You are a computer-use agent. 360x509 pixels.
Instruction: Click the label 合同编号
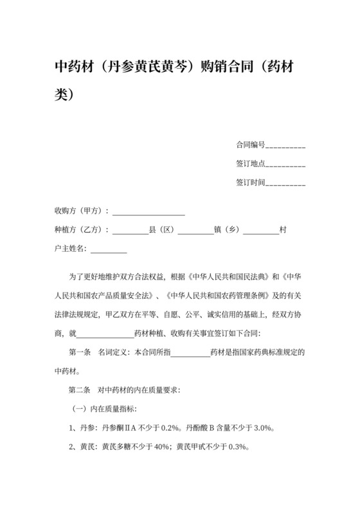(x=250, y=145)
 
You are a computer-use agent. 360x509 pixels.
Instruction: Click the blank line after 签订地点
(x=285, y=164)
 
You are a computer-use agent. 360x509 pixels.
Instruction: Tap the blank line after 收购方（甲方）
(x=148, y=211)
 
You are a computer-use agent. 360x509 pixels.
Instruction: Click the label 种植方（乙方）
(x=80, y=229)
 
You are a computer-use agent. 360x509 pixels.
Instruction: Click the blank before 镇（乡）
(x=195, y=229)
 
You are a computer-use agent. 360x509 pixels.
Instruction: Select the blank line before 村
(x=261, y=229)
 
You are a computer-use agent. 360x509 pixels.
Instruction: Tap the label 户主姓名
(x=70, y=248)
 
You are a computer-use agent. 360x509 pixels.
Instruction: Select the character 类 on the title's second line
(x=62, y=94)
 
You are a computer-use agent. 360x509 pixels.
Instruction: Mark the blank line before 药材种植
(x=105, y=334)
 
